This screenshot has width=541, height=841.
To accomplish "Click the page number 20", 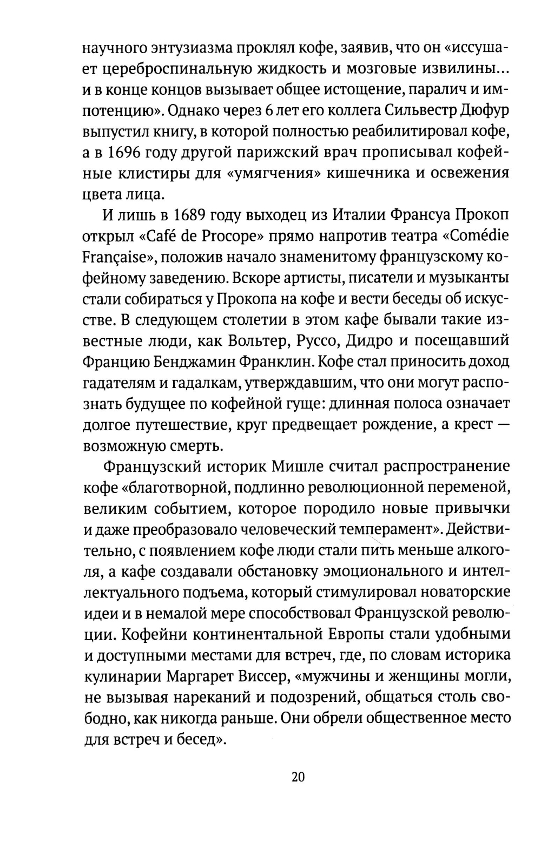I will pos(298,777).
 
